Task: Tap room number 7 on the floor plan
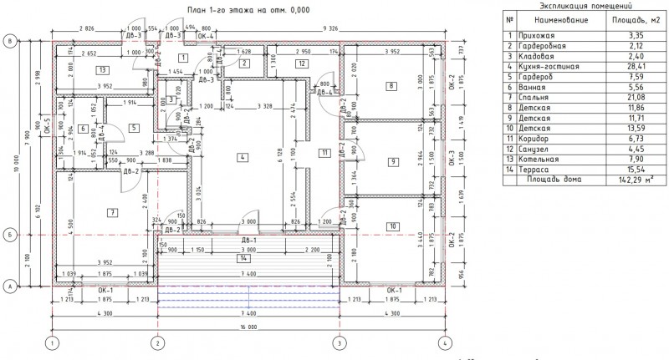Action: pyautogui.click(x=110, y=214)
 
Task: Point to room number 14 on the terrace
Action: pyautogui.click(x=239, y=257)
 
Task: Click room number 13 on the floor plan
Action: pyautogui.click(x=101, y=69)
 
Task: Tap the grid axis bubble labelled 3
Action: pyautogui.click(x=340, y=343)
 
